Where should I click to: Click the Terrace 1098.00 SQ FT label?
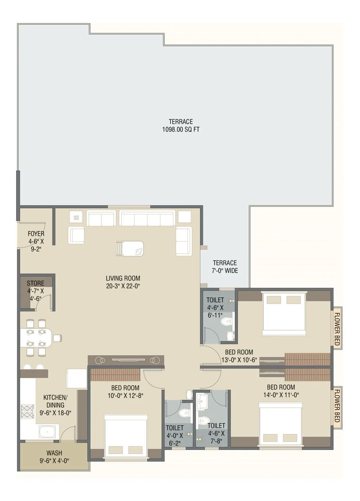181,126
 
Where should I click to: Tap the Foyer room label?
36,241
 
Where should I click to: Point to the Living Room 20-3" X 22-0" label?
123,282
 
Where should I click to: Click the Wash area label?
54,456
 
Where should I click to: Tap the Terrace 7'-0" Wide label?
225,267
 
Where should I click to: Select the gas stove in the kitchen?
27,412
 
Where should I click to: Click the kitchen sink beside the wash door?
48,432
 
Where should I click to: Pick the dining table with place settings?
36,338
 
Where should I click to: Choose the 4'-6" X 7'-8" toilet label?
216,433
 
